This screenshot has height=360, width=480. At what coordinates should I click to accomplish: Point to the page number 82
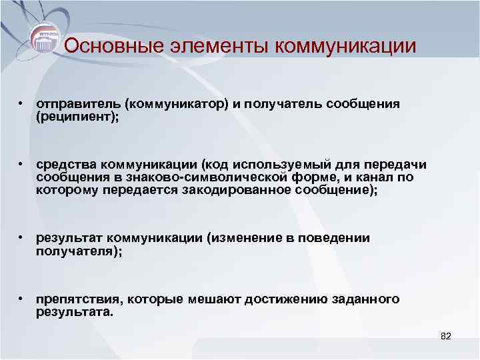[x=446, y=337]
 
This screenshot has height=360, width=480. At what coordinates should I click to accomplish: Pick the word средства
[x=65, y=165]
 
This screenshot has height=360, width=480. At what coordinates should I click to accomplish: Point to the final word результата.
[x=75, y=311]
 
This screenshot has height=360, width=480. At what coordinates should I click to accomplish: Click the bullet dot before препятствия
[x=22, y=299]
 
